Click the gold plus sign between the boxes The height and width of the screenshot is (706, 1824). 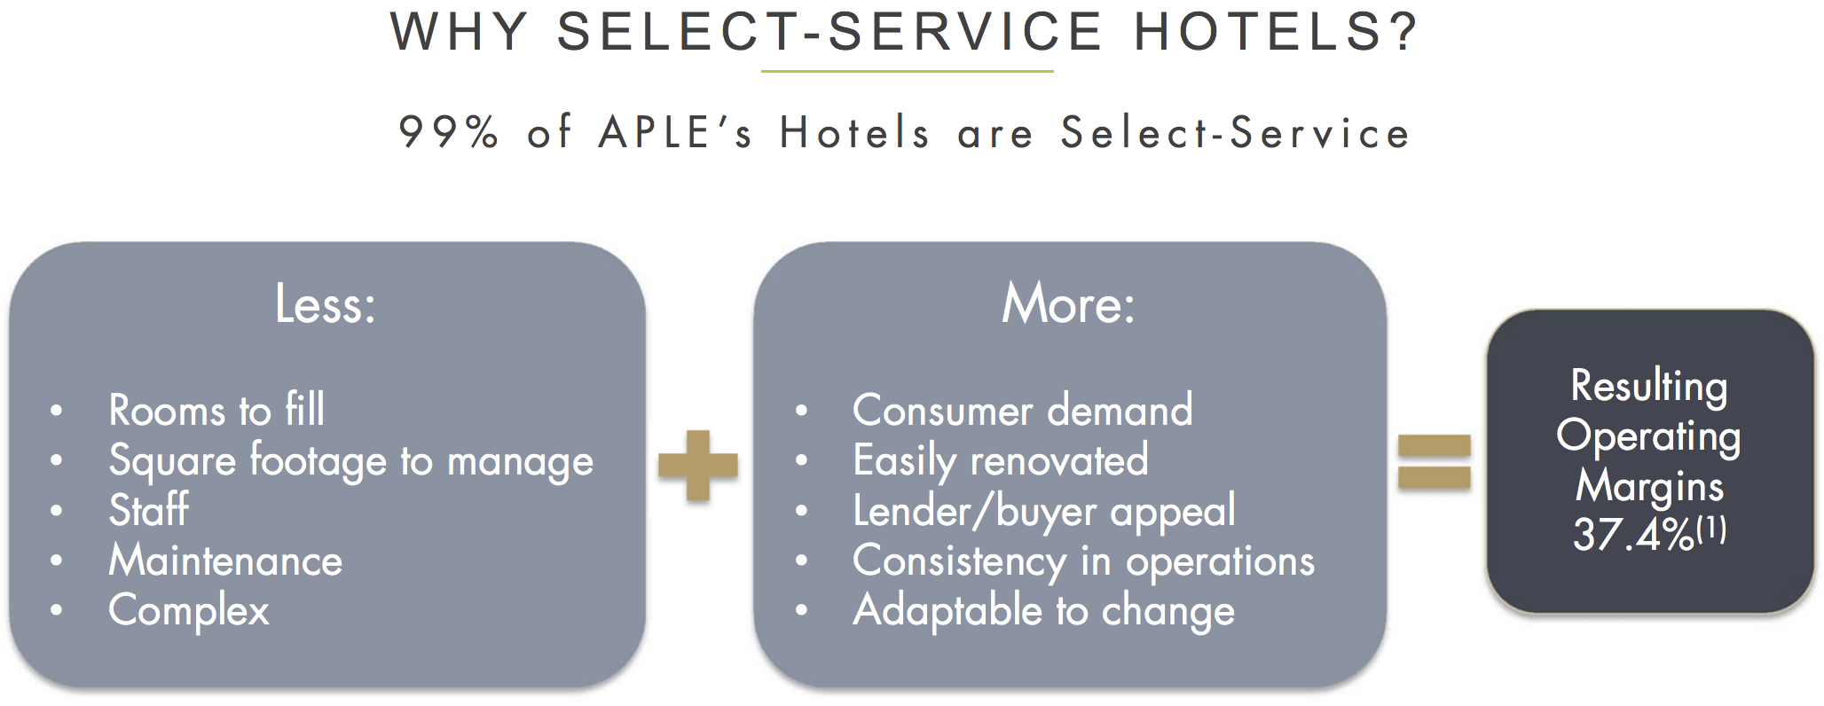698,465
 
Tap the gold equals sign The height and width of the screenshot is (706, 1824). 1434,462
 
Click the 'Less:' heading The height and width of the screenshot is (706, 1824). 326,304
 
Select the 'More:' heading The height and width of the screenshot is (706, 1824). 1068,304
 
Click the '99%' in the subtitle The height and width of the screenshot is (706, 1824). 449,133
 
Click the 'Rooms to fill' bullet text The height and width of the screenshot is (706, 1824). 216,410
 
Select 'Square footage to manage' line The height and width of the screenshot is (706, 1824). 350,461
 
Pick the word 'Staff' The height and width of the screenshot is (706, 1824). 148,510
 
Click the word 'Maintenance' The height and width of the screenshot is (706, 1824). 225,561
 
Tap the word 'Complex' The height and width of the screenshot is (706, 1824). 188,610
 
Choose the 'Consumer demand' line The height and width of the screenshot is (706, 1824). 1022,410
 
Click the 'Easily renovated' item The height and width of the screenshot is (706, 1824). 1000,460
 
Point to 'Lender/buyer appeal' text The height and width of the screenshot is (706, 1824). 1043,511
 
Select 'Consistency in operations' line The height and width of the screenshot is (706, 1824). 1083,561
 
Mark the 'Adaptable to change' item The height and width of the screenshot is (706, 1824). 1043,610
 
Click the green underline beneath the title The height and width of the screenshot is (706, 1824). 907,71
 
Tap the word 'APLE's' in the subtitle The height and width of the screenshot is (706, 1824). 676,133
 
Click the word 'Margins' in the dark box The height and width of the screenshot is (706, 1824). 1649,486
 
